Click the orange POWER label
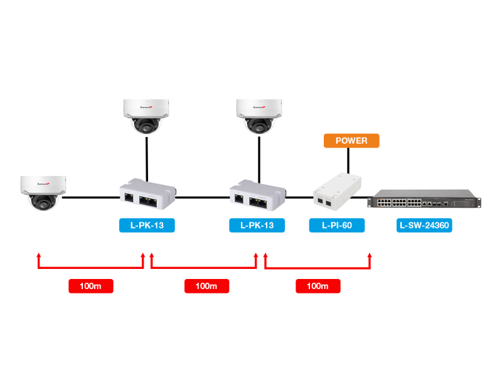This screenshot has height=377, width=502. tap(351, 141)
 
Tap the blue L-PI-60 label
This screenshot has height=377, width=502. tap(336, 225)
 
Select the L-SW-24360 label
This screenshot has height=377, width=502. tap(425, 225)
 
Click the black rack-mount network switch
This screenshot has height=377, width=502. tap(424, 201)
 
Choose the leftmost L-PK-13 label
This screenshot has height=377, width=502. tap(147, 225)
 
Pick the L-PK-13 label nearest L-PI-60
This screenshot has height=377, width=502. tap(257, 225)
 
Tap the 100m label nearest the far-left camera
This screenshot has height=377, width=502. tap(91, 286)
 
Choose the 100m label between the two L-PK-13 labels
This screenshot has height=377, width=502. tap(206, 286)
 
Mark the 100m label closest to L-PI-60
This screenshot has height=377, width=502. tap(318, 286)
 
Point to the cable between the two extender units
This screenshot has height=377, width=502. tap(201, 198)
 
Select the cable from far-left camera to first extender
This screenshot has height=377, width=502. tap(91, 198)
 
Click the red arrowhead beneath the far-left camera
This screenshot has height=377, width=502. tap(39, 258)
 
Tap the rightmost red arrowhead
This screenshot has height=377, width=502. tap(369, 258)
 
